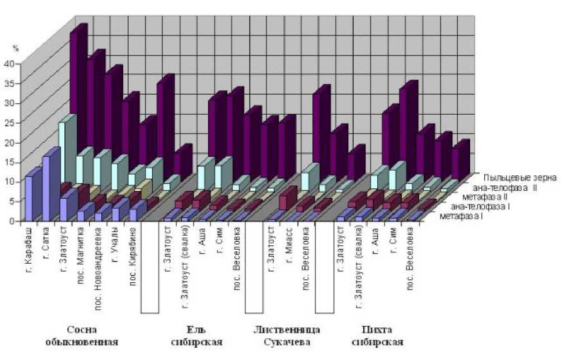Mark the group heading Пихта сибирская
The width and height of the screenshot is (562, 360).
(378, 334)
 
